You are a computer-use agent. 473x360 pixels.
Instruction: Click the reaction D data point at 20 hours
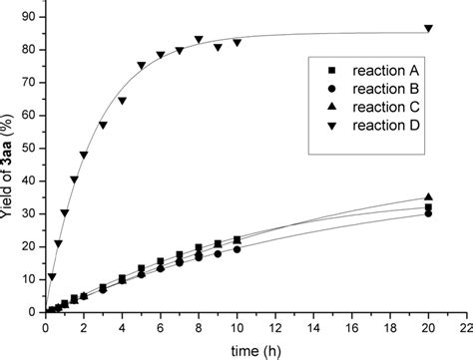[429, 28]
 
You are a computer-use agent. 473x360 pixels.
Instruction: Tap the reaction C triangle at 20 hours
[429, 197]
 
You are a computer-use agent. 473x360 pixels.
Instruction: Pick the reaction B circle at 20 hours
[429, 213]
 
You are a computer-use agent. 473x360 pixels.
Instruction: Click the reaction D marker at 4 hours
[122, 101]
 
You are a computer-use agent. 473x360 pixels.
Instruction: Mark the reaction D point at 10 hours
[237, 42]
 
